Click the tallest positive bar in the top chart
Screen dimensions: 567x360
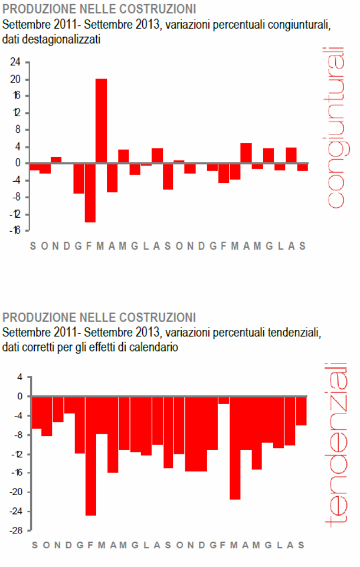(x=102, y=120)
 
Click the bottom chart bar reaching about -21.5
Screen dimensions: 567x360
(x=235, y=448)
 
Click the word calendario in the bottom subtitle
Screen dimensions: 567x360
(x=154, y=348)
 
